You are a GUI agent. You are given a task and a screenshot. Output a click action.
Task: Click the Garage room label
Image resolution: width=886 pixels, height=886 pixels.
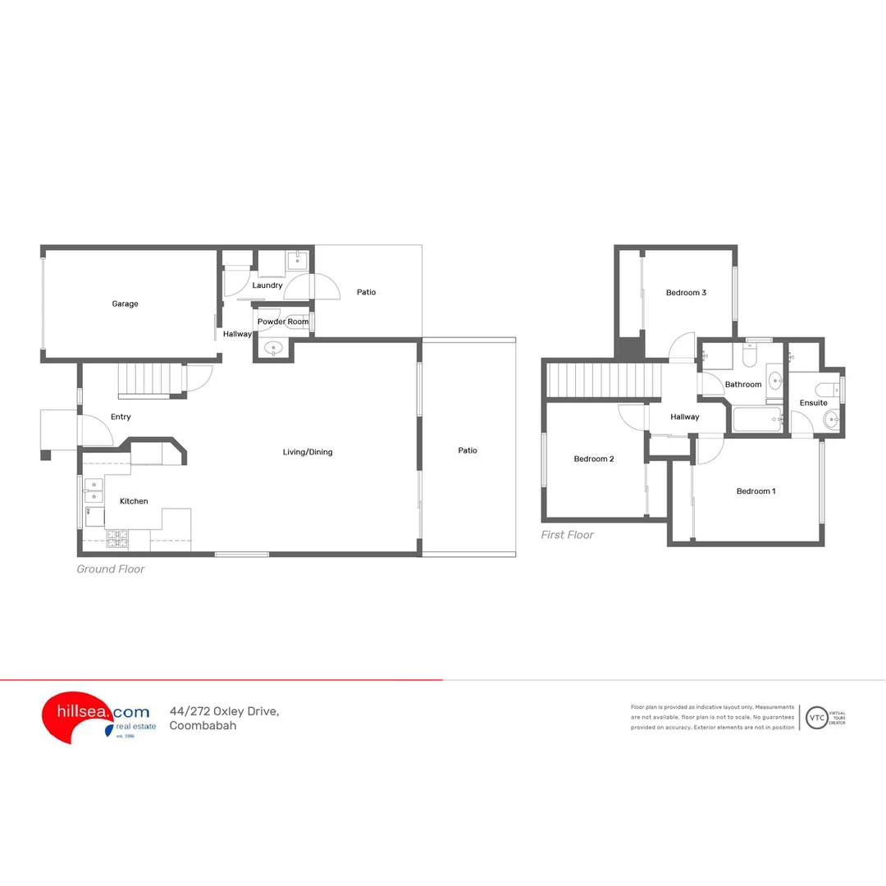(125, 304)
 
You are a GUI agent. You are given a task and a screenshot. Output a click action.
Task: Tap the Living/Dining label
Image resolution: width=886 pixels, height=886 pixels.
(308, 452)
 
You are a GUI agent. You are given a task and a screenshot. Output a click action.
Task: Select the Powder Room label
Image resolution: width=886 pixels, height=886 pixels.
(283, 322)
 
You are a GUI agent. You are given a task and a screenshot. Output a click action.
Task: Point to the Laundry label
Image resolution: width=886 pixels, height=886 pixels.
(267, 285)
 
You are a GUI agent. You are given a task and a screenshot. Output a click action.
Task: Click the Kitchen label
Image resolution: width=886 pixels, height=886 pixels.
(134, 501)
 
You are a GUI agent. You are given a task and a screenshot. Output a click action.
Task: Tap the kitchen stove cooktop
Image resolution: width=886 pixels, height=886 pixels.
(117, 539)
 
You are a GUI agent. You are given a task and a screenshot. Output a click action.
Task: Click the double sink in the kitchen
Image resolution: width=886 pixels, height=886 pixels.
(94, 490)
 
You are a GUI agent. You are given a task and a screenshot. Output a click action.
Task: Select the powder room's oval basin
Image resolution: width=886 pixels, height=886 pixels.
(272, 349)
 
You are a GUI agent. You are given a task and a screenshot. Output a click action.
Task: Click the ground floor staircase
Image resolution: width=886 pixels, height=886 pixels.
(149, 381)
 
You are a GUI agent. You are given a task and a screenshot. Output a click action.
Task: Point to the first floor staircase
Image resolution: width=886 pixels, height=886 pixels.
(604, 380)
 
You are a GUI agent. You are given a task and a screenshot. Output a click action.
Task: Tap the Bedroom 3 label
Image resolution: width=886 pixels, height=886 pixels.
(686, 293)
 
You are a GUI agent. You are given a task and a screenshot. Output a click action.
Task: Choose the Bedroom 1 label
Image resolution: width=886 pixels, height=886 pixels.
(756, 491)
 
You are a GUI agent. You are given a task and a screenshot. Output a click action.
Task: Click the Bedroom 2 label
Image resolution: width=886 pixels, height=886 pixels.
(593, 459)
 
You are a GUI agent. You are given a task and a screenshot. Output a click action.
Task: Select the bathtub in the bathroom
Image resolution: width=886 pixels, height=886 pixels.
(756, 420)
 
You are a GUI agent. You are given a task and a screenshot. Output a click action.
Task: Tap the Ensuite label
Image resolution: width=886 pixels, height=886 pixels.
(814, 403)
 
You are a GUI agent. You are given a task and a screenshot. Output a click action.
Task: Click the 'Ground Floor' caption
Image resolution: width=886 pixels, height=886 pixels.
(111, 569)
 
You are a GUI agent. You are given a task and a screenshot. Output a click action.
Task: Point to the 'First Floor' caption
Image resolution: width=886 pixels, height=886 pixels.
(567, 535)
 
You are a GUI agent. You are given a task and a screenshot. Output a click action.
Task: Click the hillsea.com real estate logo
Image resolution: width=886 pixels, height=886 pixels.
(97, 716)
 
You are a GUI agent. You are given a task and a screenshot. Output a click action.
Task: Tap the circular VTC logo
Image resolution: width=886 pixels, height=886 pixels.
(816, 717)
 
